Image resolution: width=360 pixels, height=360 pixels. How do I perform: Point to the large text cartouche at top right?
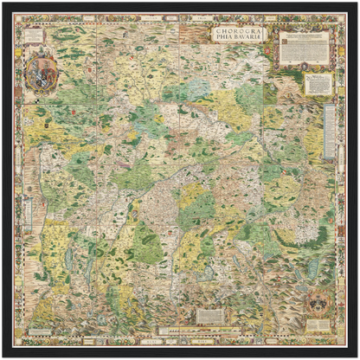303,48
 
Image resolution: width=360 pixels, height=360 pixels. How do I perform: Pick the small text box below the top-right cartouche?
318,83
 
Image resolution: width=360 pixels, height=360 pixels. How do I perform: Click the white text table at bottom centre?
211,316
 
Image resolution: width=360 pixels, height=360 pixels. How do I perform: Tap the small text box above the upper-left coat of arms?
35,36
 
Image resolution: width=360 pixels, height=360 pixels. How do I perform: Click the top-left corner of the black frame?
3,3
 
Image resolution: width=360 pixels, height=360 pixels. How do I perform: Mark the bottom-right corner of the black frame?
356,356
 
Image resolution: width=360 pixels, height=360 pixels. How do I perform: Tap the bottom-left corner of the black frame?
3,356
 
